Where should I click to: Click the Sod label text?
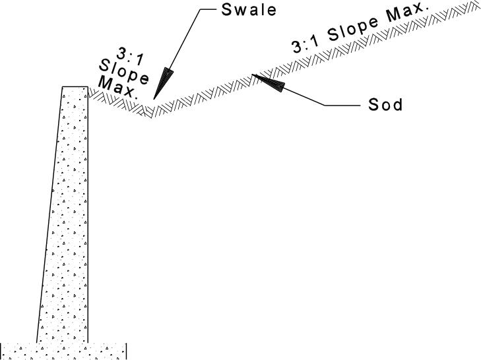[385, 105]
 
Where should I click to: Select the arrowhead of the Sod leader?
[268, 81]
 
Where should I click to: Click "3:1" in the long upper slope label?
[305, 45]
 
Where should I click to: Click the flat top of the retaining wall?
[75, 86]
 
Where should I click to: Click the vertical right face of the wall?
[88, 218]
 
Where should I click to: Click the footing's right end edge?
[127, 351]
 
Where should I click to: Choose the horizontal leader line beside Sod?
[342, 104]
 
